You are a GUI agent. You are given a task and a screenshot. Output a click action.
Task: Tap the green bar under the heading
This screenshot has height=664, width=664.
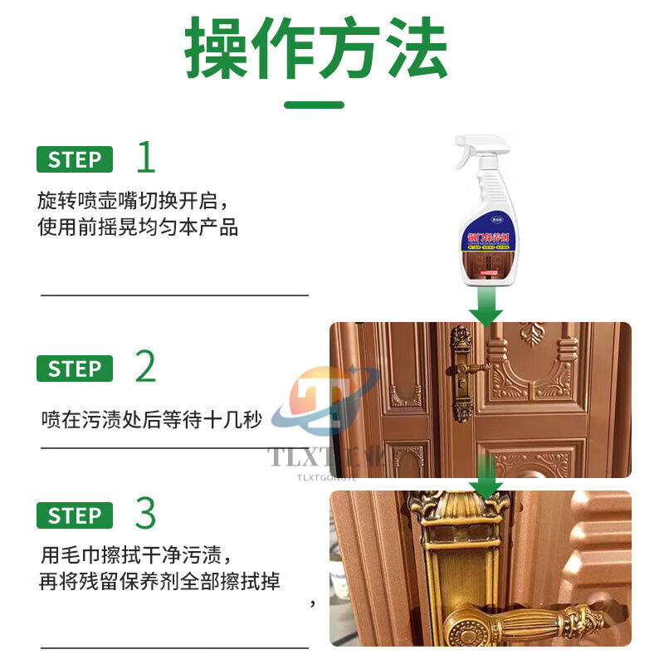[314, 105]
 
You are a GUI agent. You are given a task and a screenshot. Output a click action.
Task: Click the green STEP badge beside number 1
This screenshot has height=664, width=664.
[75, 159]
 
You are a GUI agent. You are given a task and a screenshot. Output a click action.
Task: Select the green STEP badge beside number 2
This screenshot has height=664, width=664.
[75, 368]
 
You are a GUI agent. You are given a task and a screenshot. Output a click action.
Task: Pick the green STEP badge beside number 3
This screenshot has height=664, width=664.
[75, 515]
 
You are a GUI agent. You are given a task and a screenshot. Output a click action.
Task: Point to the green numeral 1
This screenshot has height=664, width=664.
[146, 158]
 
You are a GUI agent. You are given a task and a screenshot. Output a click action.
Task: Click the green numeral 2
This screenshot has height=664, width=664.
[146, 366]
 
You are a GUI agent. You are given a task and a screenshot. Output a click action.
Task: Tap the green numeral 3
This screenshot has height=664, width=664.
[146, 514]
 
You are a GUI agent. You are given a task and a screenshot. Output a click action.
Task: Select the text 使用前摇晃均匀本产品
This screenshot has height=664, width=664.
[139, 227]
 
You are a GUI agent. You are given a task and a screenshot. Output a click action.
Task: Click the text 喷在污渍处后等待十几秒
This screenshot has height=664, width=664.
[152, 420]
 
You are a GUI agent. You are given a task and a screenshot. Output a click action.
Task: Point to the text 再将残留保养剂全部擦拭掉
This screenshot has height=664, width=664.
[160, 581]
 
